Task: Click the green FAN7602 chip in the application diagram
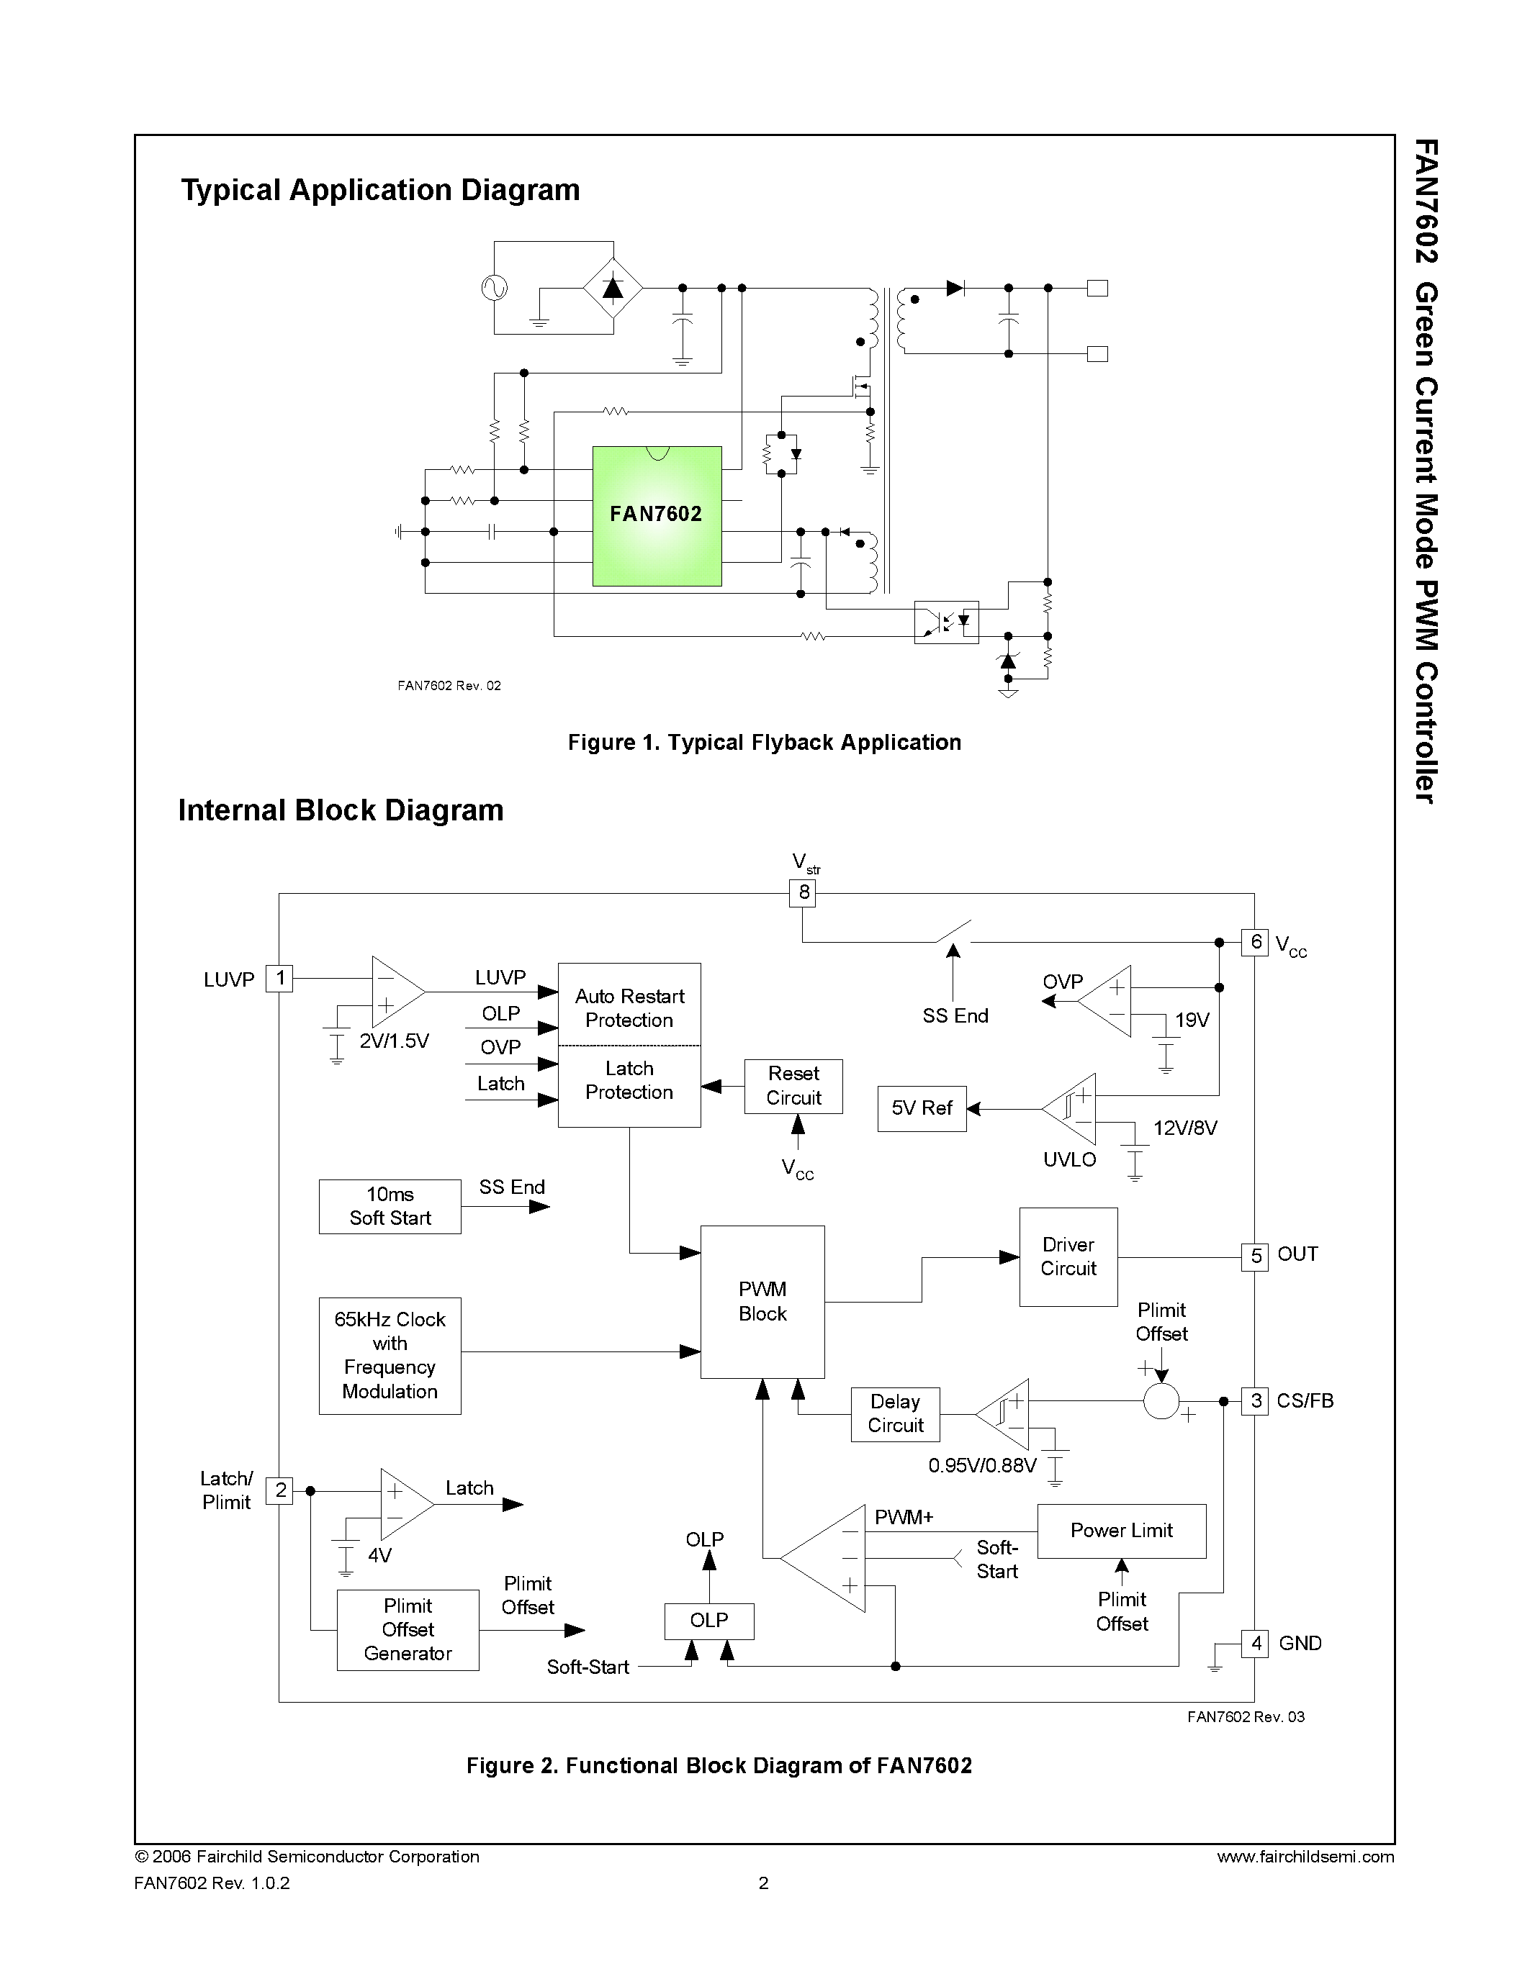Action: pyautogui.click(x=656, y=515)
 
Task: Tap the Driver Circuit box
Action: pyautogui.click(x=1068, y=1256)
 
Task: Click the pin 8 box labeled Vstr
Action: pyautogui.click(x=803, y=892)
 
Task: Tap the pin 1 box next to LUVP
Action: pyautogui.click(x=279, y=979)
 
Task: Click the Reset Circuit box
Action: pyautogui.click(x=793, y=1085)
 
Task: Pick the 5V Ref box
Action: pyautogui.click(x=921, y=1108)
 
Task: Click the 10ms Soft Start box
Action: pyautogui.click(x=390, y=1206)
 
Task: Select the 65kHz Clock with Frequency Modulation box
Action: pyautogui.click(x=390, y=1356)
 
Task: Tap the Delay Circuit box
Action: pyautogui.click(x=895, y=1413)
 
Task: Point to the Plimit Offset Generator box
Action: pyautogui.click(x=407, y=1629)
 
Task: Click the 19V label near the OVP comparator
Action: pyautogui.click(x=1192, y=1020)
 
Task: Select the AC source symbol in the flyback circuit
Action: pyautogui.click(x=495, y=288)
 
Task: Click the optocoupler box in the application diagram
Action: pyautogui.click(x=946, y=622)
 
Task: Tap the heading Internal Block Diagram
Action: pyautogui.click(x=341, y=810)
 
